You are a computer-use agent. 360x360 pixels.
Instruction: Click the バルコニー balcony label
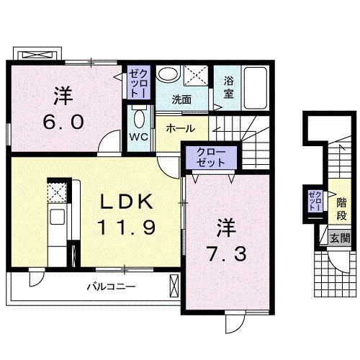click(x=112, y=286)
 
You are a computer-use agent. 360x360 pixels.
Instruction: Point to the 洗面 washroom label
click(x=181, y=99)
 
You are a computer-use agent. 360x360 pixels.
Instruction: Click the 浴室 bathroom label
click(x=229, y=88)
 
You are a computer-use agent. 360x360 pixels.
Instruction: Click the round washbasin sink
click(x=168, y=74)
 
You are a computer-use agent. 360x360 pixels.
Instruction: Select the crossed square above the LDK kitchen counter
click(x=56, y=193)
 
